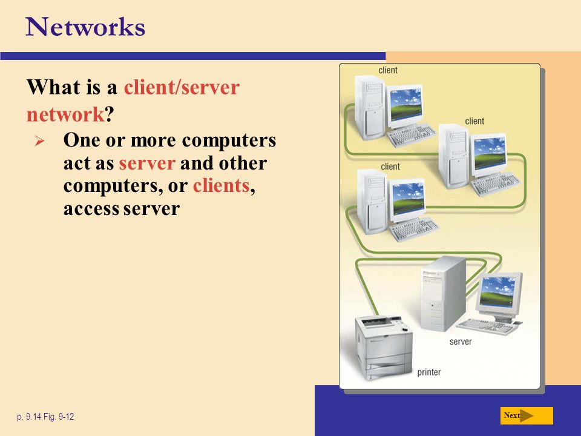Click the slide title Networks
coord(85,27)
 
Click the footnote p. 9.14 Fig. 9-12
coord(45,417)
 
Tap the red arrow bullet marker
coord(39,141)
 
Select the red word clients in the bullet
coord(222,185)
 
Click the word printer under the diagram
coord(428,372)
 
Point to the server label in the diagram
coord(461,342)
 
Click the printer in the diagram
coord(384,348)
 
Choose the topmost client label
coord(388,70)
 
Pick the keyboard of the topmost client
coord(412,134)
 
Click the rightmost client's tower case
coord(454,156)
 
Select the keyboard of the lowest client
coord(414,229)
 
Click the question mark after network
coord(110,114)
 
